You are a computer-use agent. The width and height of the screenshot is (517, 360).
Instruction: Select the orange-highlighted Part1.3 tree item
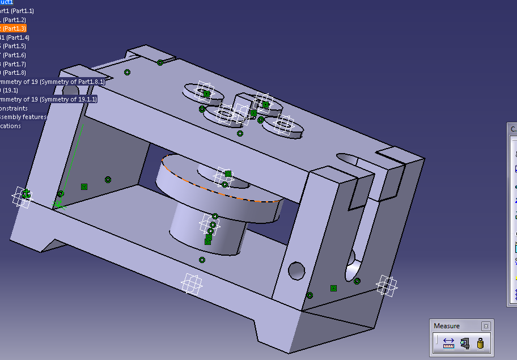point(12,28)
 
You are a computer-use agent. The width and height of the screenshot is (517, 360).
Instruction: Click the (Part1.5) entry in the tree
point(14,46)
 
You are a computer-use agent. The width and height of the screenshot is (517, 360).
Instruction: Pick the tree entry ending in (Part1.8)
point(14,73)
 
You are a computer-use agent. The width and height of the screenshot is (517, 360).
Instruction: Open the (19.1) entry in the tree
point(10,90)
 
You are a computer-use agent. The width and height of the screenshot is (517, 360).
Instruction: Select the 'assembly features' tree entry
point(23,117)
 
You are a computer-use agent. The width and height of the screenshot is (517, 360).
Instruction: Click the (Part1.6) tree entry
point(14,55)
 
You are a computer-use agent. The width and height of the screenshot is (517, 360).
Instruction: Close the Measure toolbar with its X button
point(486,326)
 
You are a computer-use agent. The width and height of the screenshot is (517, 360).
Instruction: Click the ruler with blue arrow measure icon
point(448,343)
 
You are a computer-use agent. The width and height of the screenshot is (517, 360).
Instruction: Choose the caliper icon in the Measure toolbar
point(465,343)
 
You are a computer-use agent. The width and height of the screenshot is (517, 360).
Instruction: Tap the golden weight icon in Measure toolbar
point(481,343)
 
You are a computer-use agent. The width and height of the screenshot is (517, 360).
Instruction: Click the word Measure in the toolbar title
point(447,326)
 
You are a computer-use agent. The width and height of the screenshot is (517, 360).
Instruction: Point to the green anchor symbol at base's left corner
point(26,194)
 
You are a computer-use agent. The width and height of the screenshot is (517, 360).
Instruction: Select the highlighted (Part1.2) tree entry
point(14,20)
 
